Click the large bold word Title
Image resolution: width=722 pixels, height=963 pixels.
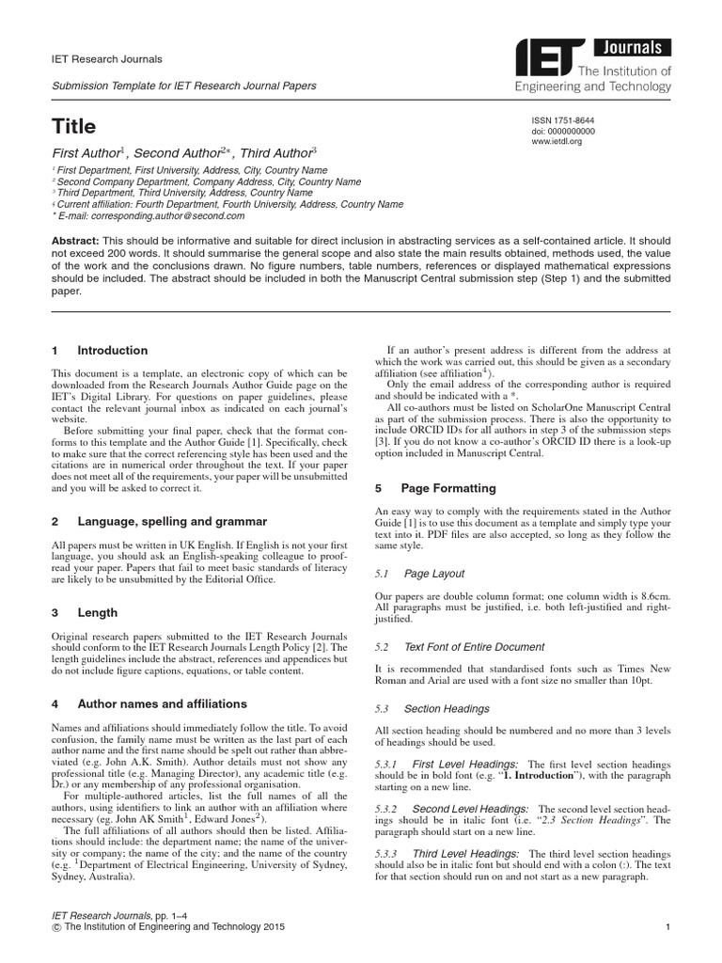73,125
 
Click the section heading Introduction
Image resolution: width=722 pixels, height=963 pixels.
112,351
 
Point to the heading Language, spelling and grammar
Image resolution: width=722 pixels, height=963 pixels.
172,521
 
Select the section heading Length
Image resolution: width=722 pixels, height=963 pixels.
97,612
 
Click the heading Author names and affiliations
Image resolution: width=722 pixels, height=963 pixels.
162,703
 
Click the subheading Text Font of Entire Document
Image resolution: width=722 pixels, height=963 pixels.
474,647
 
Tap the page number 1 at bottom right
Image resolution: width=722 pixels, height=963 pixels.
666,928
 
